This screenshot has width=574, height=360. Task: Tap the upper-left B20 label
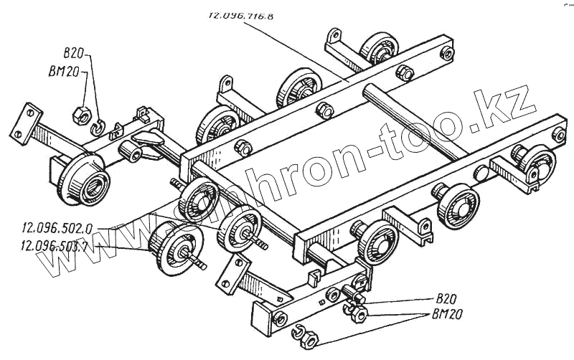click(74, 53)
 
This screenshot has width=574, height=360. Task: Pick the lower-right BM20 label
click(448, 313)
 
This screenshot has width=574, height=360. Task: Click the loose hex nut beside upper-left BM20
click(82, 113)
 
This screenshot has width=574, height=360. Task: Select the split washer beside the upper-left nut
click(98, 127)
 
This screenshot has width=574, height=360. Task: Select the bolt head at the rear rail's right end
click(447, 52)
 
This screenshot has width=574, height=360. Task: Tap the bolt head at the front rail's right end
click(558, 135)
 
